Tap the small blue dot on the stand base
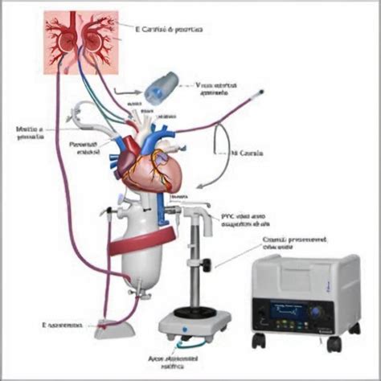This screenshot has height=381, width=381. pos(186,328)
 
